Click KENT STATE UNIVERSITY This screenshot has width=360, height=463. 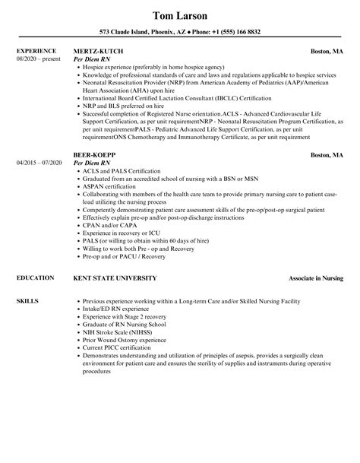point(115,278)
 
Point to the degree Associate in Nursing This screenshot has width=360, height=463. point(316,278)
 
